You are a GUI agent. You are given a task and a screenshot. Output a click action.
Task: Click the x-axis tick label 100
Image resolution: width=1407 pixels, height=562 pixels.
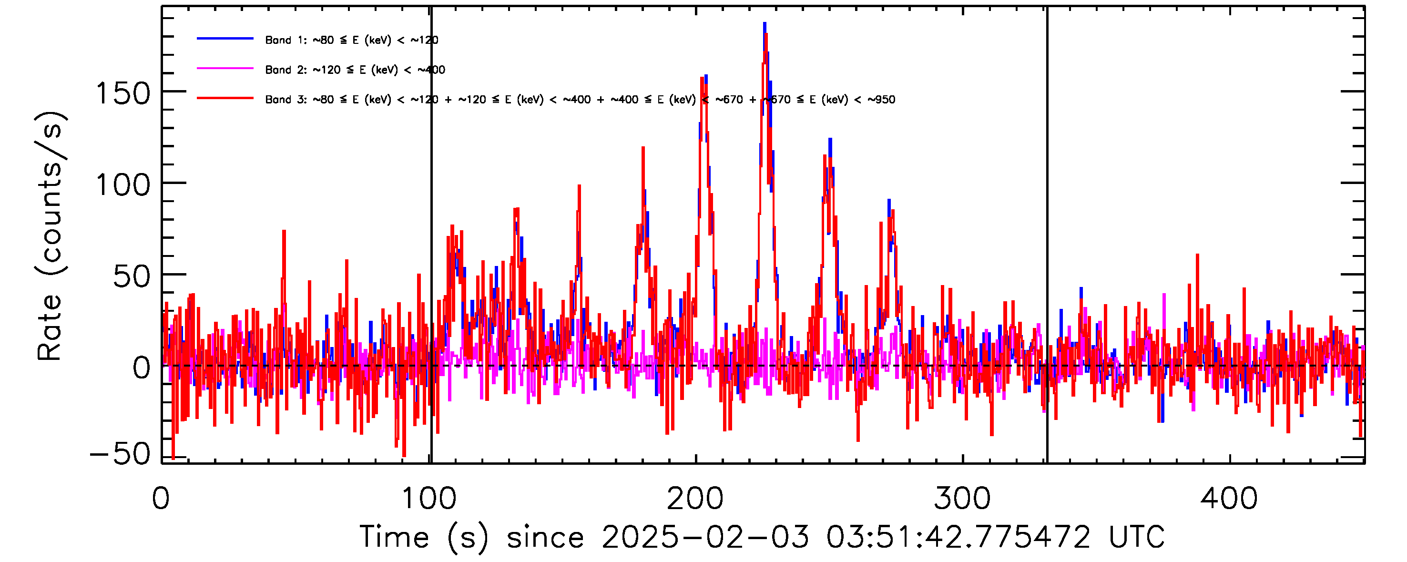(x=429, y=499)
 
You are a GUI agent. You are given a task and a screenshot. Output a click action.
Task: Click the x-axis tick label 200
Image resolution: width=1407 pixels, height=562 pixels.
(x=695, y=499)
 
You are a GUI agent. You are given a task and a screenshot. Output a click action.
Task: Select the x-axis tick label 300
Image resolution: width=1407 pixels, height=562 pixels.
(x=962, y=499)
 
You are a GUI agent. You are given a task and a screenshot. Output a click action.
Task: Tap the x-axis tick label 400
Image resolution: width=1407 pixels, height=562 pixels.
(x=1229, y=499)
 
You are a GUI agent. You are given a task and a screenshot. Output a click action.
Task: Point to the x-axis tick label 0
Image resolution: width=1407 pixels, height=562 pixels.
(x=161, y=499)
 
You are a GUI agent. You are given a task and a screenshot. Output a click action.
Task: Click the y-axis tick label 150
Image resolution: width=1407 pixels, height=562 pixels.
(x=123, y=93)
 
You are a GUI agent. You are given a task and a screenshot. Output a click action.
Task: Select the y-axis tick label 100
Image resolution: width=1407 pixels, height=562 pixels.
(x=123, y=185)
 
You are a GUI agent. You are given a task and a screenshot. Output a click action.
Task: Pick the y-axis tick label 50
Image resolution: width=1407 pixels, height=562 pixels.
(x=132, y=276)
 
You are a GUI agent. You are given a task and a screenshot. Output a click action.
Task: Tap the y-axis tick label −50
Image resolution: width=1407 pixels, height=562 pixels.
(x=120, y=454)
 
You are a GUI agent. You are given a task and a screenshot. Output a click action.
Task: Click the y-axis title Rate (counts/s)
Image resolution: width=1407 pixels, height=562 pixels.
(x=50, y=236)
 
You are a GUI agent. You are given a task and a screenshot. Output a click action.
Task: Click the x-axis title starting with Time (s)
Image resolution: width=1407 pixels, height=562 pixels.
(x=762, y=537)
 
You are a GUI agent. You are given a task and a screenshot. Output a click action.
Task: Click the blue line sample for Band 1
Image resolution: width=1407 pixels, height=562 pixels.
(x=225, y=39)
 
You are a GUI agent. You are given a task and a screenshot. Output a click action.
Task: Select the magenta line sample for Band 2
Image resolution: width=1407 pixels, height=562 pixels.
(x=225, y=69)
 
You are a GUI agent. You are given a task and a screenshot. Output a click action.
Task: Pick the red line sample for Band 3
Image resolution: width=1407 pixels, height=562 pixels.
(x=225, y=98)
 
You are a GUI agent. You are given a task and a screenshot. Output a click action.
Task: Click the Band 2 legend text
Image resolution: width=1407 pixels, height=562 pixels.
(x=355, y=70)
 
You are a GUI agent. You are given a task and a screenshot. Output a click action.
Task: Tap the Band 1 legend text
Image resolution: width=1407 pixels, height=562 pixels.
(x=352, y=40)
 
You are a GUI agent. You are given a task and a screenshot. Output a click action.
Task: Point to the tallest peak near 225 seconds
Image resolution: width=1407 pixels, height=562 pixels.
(x=765, y=25)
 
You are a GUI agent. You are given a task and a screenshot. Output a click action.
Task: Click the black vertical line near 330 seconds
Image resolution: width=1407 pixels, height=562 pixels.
(x=1047, y=235)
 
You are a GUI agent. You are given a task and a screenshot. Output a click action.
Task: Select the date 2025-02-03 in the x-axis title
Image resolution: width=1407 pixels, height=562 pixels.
(x=705, y=537)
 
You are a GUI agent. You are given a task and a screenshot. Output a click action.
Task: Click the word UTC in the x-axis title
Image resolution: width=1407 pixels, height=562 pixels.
(x=1137, y=537)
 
